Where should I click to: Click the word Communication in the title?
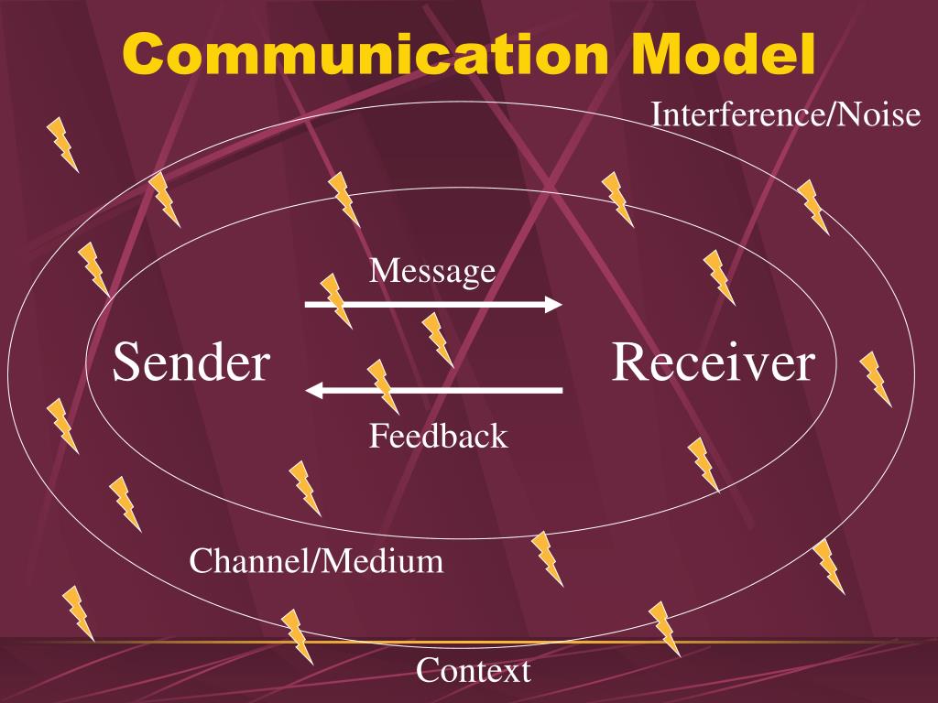[365, 54]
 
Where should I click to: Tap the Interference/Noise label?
[785, 114]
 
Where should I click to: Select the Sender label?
[191, 362]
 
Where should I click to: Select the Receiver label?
[713, 362]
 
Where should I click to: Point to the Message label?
[432, 271]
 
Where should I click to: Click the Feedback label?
[439, 435]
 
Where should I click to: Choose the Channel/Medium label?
[316, 561]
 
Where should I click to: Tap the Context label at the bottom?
[474, 670]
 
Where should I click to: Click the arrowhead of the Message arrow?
[554, 304]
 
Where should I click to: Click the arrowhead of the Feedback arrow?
[313, 390]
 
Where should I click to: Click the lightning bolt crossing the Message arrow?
[335, 300]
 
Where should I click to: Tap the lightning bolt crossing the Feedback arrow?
[383, 387]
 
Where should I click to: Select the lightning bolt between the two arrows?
[437, 340]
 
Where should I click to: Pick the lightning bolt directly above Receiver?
[719, 277]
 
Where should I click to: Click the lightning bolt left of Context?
[298, 637]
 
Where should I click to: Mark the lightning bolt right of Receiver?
[875, 379]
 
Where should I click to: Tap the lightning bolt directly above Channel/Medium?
[304, 489]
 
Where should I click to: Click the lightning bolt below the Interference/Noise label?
[813, 207]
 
